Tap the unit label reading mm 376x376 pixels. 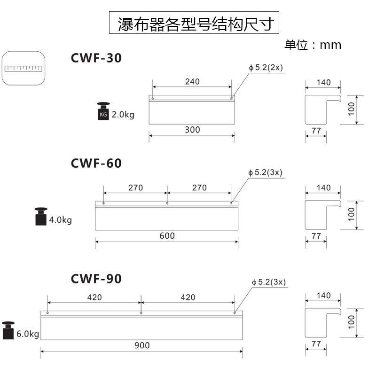313,45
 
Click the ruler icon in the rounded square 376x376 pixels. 23,68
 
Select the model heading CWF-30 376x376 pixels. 96,58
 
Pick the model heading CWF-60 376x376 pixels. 96,163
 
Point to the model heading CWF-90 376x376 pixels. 96,279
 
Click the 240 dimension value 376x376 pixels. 192,81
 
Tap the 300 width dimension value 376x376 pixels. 192,130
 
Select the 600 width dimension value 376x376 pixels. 167,236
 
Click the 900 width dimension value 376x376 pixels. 141,345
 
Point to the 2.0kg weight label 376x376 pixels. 123,114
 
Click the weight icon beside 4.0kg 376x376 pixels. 41,217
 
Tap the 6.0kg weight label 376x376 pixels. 28,335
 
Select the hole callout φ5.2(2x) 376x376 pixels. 266,68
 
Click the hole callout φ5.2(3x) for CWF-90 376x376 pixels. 269,282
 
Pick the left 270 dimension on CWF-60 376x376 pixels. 135,188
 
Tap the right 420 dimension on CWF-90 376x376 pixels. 188,297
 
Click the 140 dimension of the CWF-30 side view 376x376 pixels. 323,82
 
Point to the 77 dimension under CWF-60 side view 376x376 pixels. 316,236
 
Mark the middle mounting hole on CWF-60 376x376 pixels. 167,204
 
